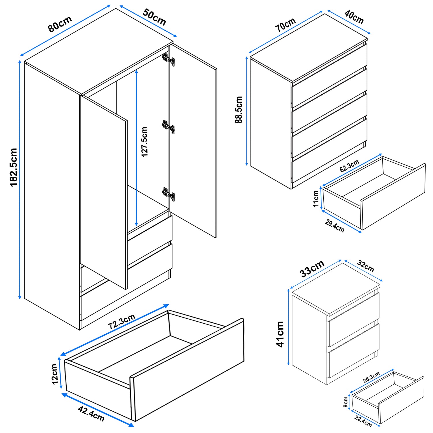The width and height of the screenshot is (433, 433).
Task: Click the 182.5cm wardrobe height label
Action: coord(14,167)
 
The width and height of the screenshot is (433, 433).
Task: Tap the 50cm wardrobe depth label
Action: coord(154,17)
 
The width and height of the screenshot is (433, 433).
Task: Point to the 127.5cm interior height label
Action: coord(144,142)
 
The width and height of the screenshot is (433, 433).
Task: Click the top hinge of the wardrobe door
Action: coord(169,59)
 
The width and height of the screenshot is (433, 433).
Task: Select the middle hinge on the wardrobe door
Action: coord(168,127)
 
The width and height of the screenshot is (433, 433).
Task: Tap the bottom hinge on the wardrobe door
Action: coord(169,194)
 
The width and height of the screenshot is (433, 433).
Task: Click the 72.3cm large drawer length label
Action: coord(122,321)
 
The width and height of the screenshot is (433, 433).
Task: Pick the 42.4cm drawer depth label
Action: coord(91,413)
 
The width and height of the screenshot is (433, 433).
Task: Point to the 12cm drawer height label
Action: coord(55,374)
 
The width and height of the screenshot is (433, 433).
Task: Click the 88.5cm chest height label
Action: coord(239,110)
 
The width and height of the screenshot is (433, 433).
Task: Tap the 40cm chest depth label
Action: coord(354,17)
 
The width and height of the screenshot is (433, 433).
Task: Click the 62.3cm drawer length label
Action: coord(349,166)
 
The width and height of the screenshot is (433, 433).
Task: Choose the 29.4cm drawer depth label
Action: coord(335,226)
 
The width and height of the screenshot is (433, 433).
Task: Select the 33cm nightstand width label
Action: coord(312,268)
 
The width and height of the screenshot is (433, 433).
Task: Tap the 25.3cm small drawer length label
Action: coord(371,378)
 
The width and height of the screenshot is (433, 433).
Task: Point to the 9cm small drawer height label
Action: coord(346,402)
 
